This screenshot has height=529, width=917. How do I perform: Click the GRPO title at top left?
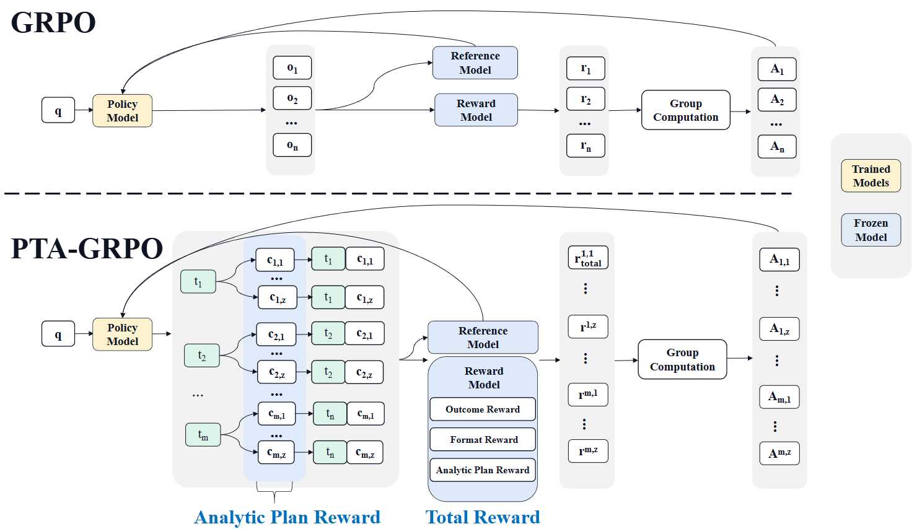(x=53, y=23)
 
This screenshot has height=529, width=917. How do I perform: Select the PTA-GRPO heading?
(x=87, y=249)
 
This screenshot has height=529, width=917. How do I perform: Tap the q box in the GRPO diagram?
(x=58, y=110)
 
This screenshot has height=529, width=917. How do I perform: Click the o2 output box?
(x=292, y=98)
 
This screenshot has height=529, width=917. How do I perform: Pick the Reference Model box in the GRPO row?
(x=475, y=63)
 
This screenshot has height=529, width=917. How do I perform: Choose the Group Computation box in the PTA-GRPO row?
(x=682, y=359)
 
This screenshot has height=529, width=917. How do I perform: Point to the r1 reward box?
(x=586, y=68)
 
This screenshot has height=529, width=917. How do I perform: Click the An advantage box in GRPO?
(x=777, y=147)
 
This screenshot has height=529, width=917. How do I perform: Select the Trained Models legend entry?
(x=871, y=176)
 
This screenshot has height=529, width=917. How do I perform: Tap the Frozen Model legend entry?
(x=871, y=230)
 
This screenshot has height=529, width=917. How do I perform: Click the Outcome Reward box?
(x=483, y=409)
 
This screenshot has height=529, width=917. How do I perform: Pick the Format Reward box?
(x=483, y=440)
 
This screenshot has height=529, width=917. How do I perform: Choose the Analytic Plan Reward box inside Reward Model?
(x=483, y=470)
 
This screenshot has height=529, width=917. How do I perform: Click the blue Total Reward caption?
(x=483, y=517)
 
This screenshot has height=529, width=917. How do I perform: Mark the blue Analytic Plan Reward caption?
(x=287, y=517)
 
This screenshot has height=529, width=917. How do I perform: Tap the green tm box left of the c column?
(x=203, y=435)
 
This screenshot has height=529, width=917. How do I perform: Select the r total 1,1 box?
(x=588, y=258)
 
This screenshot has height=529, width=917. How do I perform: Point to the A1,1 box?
(x=779, y=260)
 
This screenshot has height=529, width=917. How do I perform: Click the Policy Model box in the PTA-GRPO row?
(x=122, y=334)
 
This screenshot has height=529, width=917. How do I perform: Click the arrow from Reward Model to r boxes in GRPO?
(x=538, y=110)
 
